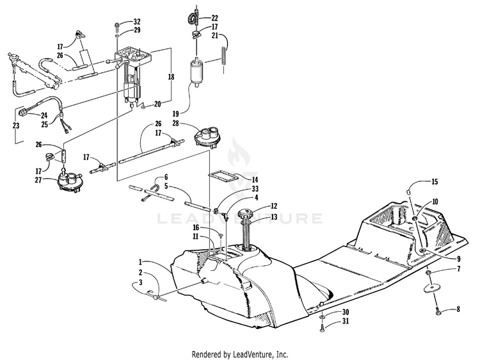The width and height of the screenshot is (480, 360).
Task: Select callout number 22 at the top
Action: tap(214, 17)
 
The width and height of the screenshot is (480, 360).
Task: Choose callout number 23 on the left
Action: tap(16, 126)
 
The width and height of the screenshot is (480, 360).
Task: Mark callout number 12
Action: tap(274, 206)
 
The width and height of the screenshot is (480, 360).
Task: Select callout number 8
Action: tap(458, 309)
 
